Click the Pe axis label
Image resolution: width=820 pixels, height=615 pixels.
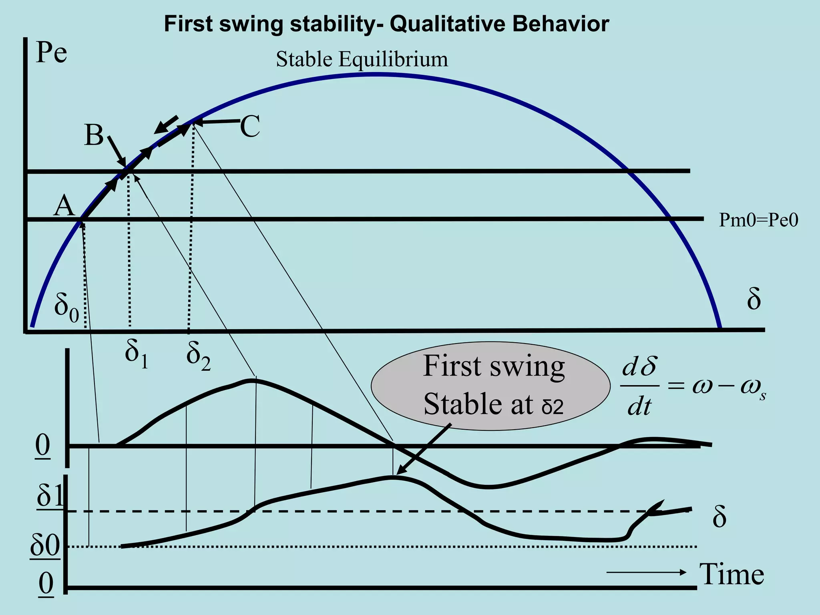tap(51, 53)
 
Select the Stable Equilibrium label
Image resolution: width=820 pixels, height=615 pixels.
tap(362, 59)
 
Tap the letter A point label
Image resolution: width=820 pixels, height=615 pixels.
tap(64, 206)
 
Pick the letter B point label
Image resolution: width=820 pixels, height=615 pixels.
tap(94, 135)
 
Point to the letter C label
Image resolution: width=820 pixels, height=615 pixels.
tap(250, 127)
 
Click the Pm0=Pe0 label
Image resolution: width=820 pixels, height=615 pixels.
tap(758, 220)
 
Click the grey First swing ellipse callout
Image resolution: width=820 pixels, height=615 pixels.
tap(491, 386)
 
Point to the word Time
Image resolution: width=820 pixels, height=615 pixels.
tap(732, 574)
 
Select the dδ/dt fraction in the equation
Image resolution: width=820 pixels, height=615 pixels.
tap(639, 386)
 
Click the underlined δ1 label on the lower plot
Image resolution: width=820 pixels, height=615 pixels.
tap(50, 496)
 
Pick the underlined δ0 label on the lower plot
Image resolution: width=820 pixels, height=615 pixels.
tap(45, 545)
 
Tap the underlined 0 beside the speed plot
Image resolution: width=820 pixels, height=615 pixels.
tap(43, 445)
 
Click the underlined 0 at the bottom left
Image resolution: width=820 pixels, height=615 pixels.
tap(46, 584)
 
